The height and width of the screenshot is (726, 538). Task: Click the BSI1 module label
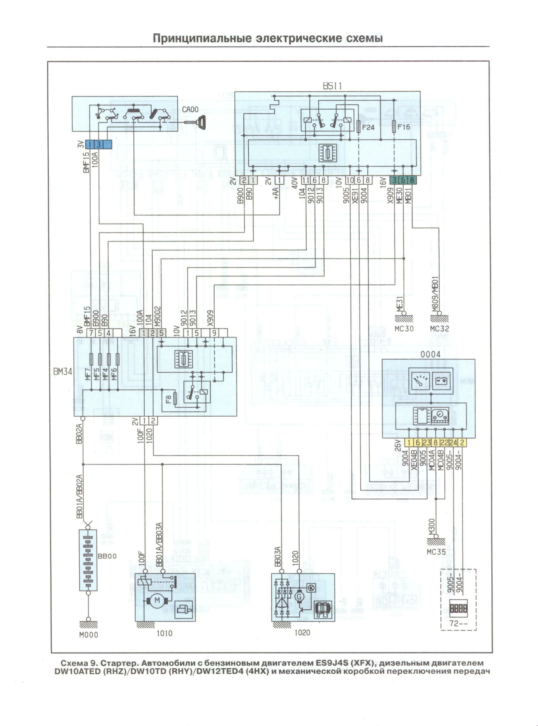coord(332,86)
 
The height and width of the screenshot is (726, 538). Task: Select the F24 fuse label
coord(368,127)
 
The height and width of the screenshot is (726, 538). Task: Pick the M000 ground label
coord(88,635)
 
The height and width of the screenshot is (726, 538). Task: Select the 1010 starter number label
coord(164,633)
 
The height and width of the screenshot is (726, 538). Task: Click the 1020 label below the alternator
coord(302,633)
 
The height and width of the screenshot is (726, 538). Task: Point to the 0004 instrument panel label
coord(430,354)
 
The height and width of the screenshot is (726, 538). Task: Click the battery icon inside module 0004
coord(441,381)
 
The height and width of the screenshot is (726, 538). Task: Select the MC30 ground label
coord(404,328)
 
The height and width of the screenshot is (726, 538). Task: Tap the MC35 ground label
coord(436,552)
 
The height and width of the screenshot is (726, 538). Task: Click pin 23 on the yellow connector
coord(427,442)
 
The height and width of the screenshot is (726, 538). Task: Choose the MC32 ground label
coord(439,328)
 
